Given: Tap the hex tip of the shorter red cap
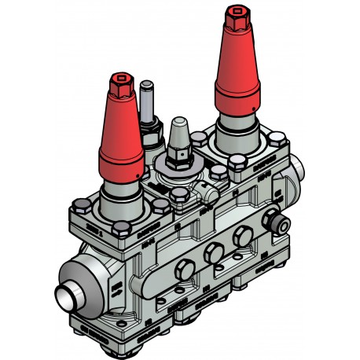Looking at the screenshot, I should (121, 81).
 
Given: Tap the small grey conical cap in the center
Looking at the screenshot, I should (178, 132).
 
